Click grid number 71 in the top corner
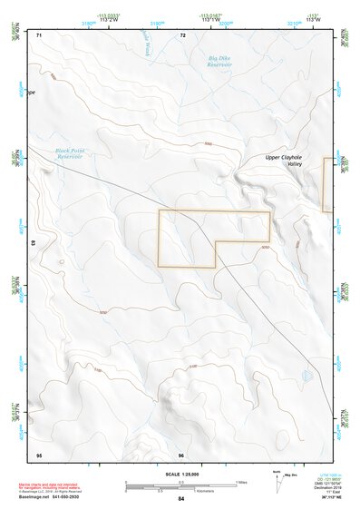pyautogui.click(x=39, y=34)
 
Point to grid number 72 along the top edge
pyautogui.click(x=182, y=34)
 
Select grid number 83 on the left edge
pyautogui.click(x=34, y=244)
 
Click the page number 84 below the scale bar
pyautogui.click(x=180, y=499)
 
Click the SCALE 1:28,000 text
pyautogui.click(x=180, y=474)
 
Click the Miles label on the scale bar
pyautogui.click(x=240, y=481)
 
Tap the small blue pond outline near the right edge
pyautogui.click(x=307, y=375)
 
